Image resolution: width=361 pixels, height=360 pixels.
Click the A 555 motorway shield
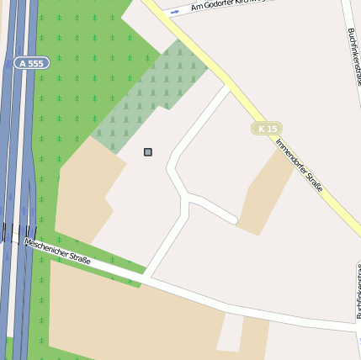pyautogui.click(x=32, y=63)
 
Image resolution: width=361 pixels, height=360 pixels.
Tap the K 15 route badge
pyautogui.click(x=267, y=129)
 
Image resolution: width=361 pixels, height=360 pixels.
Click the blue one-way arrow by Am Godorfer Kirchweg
pyautogui.click(x=175, y=12)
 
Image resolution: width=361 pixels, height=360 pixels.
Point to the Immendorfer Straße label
pyautogui.click(x=299, y=163)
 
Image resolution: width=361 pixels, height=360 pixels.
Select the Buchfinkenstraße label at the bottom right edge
pyautogui.click(x=358, y=294)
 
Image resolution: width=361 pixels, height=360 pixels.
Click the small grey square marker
pyautogui.click(x=148, y=152)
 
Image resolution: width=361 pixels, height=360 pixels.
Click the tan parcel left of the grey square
pyautogui.click(x=84, y=189)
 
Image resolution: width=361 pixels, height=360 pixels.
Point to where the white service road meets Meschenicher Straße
pyautogui.click(x=146, y=275)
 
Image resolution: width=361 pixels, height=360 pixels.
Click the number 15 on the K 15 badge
pyautogui.click(x=271, y=129)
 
